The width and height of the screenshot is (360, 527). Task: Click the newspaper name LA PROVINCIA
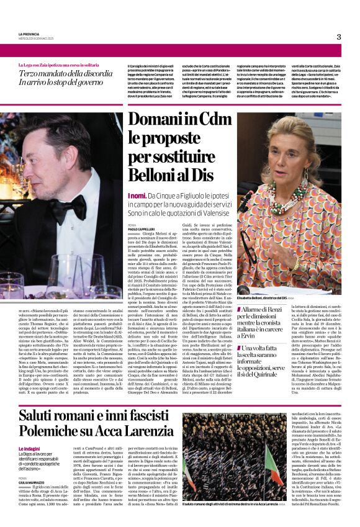[29, 34]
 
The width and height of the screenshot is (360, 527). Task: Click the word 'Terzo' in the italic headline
[31, 74]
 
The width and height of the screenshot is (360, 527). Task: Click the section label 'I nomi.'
[119, 195]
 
